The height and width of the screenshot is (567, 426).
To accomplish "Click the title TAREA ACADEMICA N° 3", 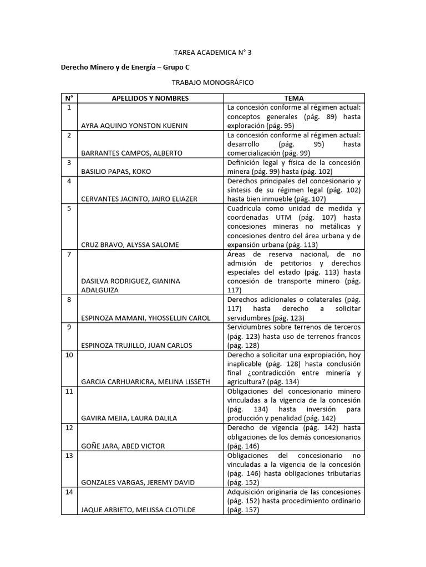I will coord(213,53).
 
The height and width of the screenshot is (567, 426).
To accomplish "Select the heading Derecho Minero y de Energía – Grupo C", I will coord(125,67).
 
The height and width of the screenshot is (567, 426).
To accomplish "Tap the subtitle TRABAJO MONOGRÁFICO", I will coord(213,83).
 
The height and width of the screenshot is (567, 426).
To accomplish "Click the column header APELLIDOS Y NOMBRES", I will coord(150,99).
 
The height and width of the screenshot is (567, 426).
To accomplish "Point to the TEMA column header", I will coord(294,99).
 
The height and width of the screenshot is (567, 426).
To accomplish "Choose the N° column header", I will coord(69,99).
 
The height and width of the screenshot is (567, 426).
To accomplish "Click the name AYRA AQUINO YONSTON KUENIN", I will coord(134,126).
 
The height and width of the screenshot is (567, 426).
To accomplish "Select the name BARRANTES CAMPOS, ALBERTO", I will coord(131,153).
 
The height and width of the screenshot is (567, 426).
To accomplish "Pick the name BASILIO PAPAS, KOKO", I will coord(116,172).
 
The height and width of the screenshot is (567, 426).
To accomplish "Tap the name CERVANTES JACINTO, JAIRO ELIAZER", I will coord(139,199).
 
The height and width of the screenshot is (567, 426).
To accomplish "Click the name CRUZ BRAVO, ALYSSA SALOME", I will coord(130,244).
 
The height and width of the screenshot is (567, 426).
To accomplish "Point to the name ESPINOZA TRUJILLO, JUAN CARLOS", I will coord(136,346).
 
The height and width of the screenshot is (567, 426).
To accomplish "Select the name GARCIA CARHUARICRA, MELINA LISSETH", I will coord(145,382).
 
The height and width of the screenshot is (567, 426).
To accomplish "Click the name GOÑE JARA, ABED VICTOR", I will coord(123,446).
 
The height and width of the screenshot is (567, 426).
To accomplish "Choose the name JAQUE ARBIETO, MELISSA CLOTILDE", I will coord(138,510).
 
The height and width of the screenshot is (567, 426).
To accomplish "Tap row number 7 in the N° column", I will coord(69,254).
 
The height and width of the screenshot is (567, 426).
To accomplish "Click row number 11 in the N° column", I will coord(69,391).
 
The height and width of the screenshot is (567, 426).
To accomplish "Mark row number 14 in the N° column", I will coord(69,492).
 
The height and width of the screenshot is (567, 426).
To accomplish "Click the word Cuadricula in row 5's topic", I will coord(245,208).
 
